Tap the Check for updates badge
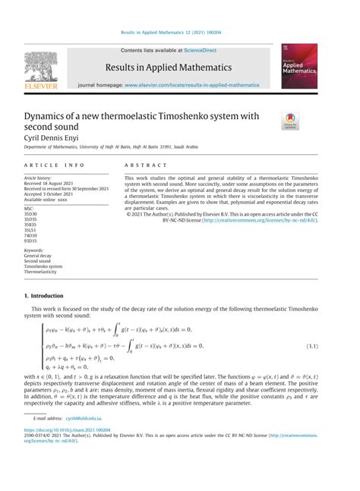click(291, 119)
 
